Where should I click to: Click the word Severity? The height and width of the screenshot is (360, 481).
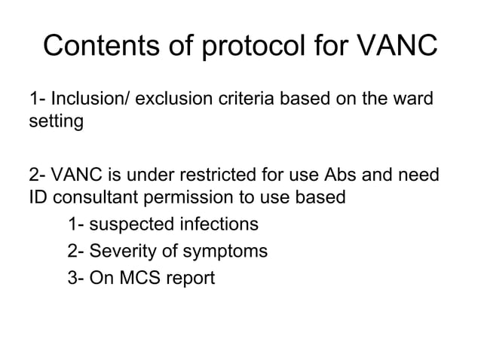[x=125, y=252]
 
